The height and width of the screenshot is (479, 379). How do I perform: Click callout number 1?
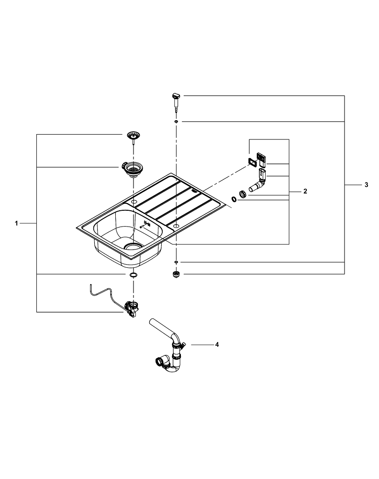point(16,223)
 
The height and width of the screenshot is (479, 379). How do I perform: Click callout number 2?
point(305,191)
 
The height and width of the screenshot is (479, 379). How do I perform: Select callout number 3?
point(366,185)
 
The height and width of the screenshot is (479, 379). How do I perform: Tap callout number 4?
point(217,344)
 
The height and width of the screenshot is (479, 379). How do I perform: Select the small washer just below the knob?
point(176,122)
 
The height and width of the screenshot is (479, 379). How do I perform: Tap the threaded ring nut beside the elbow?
point(243,194)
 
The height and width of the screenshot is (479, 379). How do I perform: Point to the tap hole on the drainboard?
point(176,225)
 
